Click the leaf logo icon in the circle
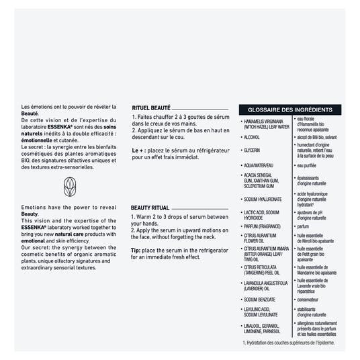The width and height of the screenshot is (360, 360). tap(69, 187)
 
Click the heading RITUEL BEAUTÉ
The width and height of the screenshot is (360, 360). tap(150, 107)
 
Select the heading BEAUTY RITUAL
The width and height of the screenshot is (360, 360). tap(150, 208)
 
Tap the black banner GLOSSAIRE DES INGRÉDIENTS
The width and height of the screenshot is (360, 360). tap(289, 109)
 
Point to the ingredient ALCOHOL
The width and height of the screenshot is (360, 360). tap(251, 137)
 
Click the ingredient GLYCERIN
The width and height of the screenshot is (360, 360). tap(252, 150)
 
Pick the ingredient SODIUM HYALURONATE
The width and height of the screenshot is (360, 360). tap(263, 199)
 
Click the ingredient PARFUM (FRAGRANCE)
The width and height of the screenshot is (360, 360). tap(263, 226)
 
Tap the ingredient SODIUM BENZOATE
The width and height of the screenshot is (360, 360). tap(260, 299)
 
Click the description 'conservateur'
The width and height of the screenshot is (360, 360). tap(312, 299)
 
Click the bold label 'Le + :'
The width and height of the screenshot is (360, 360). tap(140, 150)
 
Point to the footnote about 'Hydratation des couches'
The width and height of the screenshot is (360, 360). tap(289, 343)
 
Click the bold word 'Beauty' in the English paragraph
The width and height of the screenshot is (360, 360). tap(30, 214)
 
